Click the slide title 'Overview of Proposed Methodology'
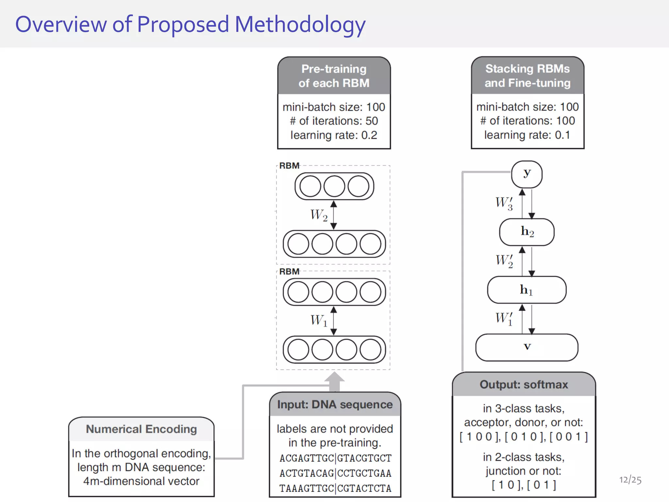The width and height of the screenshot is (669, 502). pos(190,25)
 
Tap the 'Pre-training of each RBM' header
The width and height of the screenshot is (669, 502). pos(334,76)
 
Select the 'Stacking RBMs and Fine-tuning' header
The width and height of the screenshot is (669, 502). pos(527,75)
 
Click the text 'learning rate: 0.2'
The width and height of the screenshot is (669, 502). pos(334,135)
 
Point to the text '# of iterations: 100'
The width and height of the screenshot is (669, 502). pos(527,121)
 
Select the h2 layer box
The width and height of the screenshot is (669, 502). pos(527,232)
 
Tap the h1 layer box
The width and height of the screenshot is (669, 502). pos(527,290)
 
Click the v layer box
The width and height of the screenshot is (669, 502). pos(527,347)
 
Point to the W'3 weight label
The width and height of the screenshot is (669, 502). pos(504,203)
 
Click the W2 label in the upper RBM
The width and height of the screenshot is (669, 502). pos(319,215)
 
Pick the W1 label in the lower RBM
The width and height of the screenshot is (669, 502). pos(319,320)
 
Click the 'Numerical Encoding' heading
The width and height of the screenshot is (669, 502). pos(141,429)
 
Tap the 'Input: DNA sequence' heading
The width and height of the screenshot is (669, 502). pos(335,405)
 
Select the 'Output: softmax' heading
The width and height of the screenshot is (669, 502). pos(524,385)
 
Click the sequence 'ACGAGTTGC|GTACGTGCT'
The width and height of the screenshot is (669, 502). pos(335,458)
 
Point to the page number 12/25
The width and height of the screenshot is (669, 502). pos(630,480)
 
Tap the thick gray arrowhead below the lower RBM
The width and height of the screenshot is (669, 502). pos(334,378)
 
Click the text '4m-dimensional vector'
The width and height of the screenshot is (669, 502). pos(141,481)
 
